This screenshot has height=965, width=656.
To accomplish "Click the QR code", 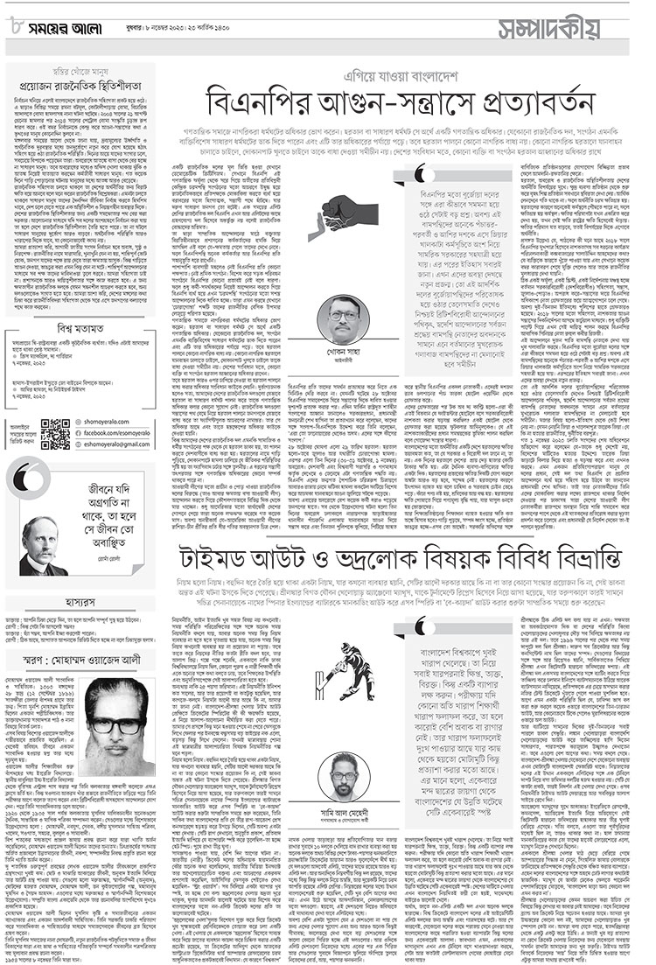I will [x=55, y=433].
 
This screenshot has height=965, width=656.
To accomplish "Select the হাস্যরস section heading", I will [x=80, y=603].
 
